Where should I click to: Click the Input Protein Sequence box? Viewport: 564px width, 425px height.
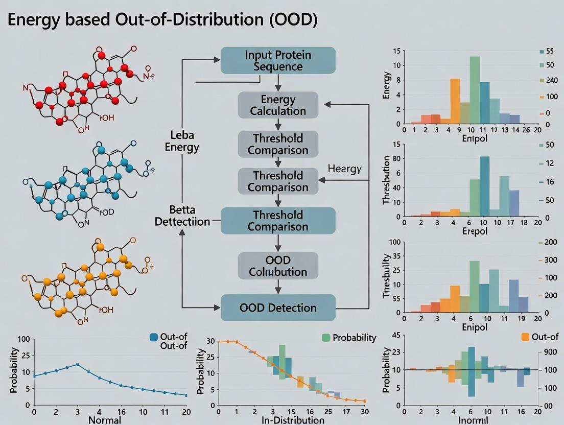[278, 60]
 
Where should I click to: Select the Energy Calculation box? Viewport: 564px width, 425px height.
[278, 105]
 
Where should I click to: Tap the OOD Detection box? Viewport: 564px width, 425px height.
[278, 308]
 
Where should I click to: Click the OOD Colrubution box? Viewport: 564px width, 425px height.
[278, 266]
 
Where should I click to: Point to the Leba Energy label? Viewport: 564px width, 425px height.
[184, 141]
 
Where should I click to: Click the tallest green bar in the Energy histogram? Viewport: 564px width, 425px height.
[475, 90]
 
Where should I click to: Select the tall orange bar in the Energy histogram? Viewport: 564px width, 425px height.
[455, 101]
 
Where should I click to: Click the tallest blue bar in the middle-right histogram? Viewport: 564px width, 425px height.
[484, 186]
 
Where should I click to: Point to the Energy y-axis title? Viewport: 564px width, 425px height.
[387, 85]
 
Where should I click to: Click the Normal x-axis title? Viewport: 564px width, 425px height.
[105, 420]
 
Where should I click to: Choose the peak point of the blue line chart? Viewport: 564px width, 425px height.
[77, 364]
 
